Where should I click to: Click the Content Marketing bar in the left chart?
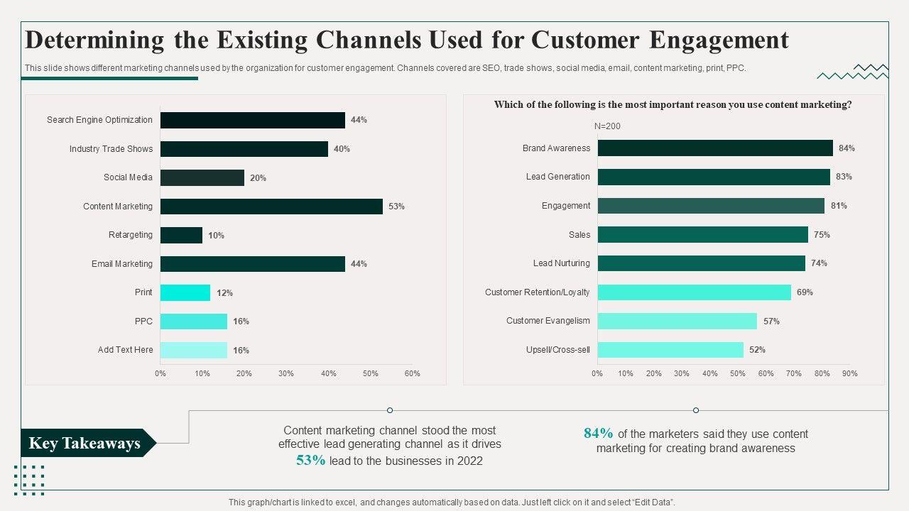(271, 207)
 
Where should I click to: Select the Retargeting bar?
(181, 235)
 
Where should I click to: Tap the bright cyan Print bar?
(185, 292)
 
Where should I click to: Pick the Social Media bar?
(202, 177)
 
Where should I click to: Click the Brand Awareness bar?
(715, 148)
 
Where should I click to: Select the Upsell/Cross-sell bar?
(670, 350)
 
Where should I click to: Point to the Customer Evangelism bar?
(677, 321)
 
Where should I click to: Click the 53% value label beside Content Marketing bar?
(396, 207)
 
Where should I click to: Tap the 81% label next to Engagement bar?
(839, 206)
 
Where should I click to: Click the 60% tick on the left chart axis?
(412, 373)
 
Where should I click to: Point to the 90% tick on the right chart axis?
(849, 373)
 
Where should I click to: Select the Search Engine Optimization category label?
(99, 120)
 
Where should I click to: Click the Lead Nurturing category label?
(561, 263)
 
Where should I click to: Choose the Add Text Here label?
(125, 350)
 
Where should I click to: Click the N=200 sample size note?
(607, 126)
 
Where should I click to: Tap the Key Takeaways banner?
(85, 444)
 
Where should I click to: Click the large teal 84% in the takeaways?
(598, 434)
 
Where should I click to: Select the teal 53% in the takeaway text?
(311, 461)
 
